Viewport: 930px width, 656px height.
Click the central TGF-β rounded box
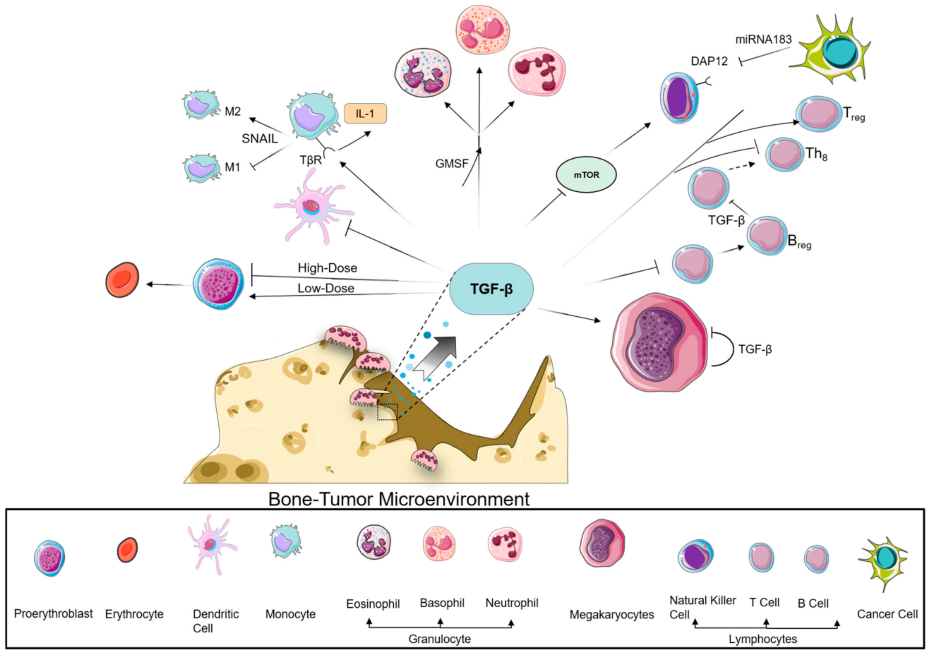(491, 289)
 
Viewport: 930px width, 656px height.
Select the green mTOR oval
(586, 175)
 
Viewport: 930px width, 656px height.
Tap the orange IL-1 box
(365, 114)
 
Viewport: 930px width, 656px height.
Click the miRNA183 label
(763, 40)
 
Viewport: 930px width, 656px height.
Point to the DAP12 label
(709, 61)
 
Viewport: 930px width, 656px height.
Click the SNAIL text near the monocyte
(260, 138)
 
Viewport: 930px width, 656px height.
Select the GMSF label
(452, 164)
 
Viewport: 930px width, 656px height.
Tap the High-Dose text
(327, 268)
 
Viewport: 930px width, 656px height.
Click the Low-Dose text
(326, 288)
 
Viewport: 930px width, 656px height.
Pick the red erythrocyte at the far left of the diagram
(122, 280)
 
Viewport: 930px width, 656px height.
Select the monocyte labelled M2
(200, 104)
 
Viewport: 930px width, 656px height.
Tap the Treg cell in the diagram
(818, 114)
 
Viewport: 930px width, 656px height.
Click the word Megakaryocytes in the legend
(611, 615)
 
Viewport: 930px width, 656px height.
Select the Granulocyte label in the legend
(439, 639)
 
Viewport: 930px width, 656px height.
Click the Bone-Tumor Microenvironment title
(399, 499)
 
